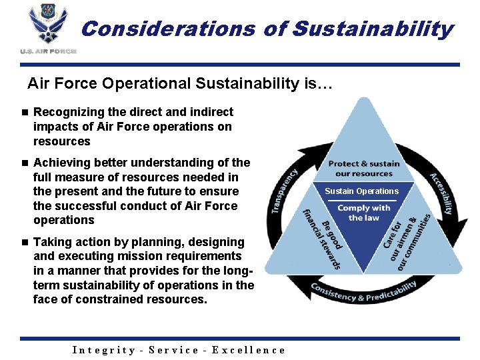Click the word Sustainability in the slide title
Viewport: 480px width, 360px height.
[x=373, y=29]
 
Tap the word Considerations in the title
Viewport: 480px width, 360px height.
[x=168, y=29]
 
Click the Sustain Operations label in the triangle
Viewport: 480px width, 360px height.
[x=361, y=191]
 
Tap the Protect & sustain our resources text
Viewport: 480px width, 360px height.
[x=363, y=168]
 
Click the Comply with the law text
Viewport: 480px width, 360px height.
[x=363, y=213]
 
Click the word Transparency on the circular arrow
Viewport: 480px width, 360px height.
[x=284, y=191]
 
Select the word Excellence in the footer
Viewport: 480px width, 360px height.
[x=249, y=350]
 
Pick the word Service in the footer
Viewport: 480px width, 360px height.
[x=174, y=350]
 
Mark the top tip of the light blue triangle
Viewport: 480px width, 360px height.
[x=363, y=99]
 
